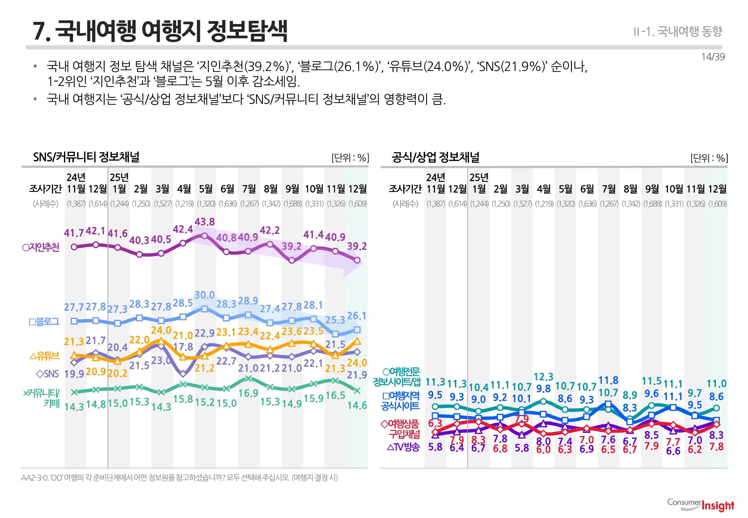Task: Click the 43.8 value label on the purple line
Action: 204,222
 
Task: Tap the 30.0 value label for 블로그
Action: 204,295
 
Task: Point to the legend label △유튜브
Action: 45,356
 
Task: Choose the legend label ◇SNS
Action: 47,374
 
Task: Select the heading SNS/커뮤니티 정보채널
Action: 86,157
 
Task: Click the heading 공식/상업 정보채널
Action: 435,157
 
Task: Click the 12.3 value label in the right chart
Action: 543,377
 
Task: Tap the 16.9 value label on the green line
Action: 248,393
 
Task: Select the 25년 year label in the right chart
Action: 479,177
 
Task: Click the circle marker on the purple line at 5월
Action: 204,236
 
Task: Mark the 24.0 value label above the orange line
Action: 161,330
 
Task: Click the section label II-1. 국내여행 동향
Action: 678,32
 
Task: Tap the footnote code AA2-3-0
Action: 34,478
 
